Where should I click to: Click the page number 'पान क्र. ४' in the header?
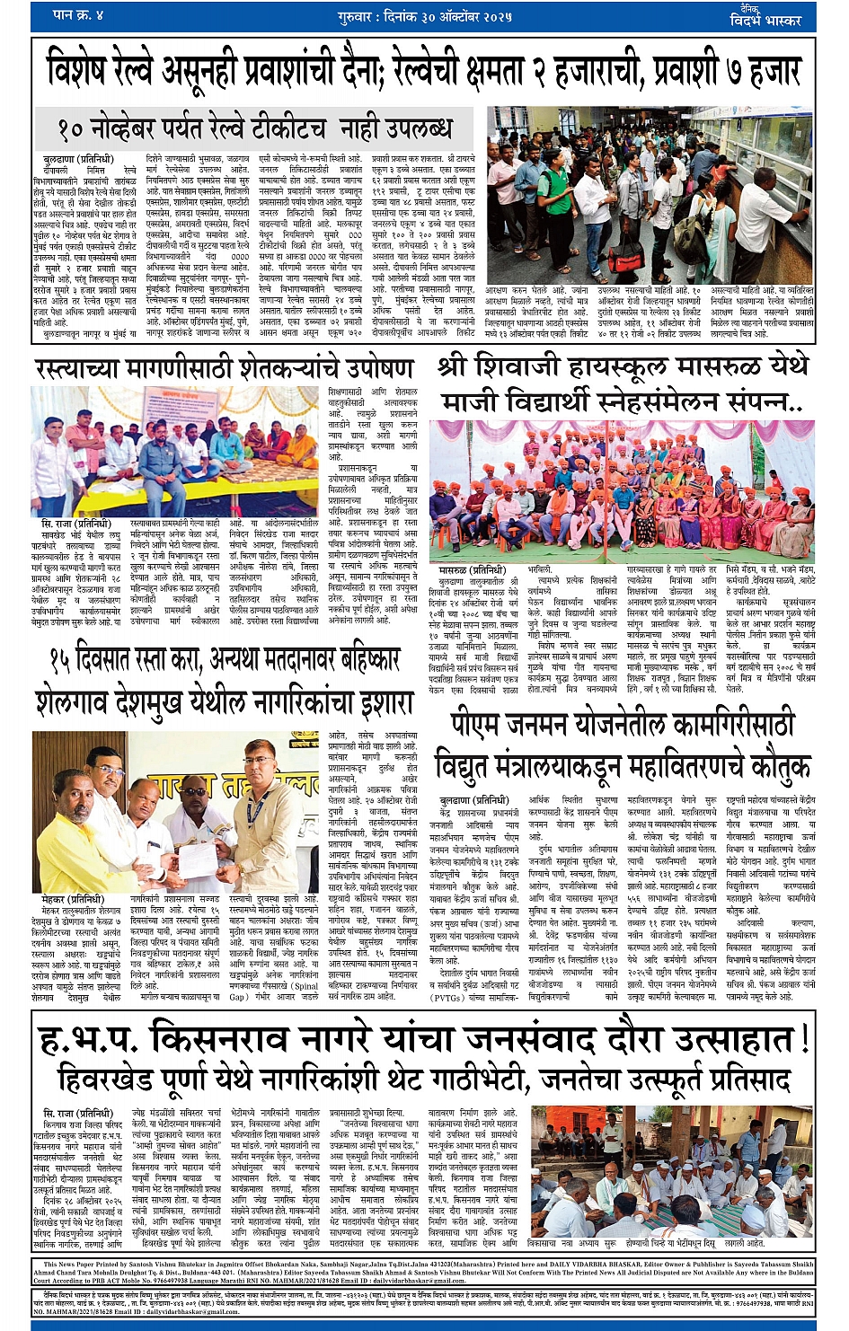point(79,15)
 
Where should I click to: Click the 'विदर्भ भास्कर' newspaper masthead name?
point(770,19)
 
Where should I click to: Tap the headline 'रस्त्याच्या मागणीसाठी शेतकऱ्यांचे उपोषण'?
point(225,369)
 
